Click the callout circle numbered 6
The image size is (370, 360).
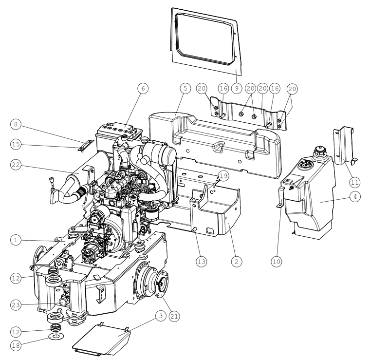pyautogui.click(x=143, y=89)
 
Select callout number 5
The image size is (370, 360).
pyautogui.click(x=185, y=88)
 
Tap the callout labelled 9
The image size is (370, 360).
pyautogui.click(x=237, y=88)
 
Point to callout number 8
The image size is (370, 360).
pyautogui.click(x=16, y=124)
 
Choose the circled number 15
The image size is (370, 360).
pyautogui.click(x=16, y=144)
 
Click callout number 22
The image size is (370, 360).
pyautogui.click(x=16, y=165)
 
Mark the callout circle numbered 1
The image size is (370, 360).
pyautogui.click(x=16, y=240)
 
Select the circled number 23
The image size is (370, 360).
pyautogui.click(x=16, y=305)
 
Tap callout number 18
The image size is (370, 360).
pyautogui.click(x=16, y=345)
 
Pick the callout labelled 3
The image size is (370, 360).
pyautogui.click(x=161, y=316)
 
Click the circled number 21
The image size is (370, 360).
pyautogui.click(x=174, y=316)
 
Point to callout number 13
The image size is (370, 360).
pyautogui.click(x=201, y=262)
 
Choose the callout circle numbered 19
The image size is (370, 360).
pyautogui.click(x=223, y=176)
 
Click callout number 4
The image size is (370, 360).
pyautogui.click(x=355, y=196)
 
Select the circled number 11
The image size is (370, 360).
pyautogui.click(x=354, y=182)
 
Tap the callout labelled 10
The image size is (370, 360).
pyautogui.click(x=277, y=262)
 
